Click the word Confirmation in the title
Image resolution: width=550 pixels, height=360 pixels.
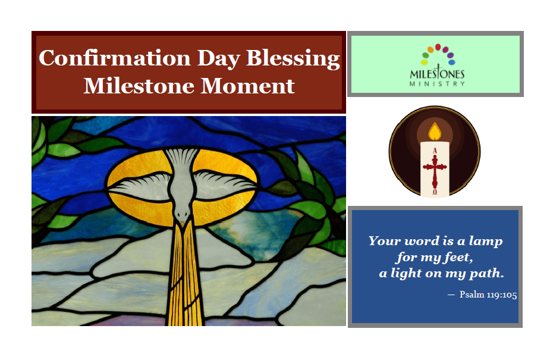[x=114, y=58]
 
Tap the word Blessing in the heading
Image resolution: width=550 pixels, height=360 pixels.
[x=293, y=58]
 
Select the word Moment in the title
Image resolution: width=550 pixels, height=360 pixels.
[x=247, y=86]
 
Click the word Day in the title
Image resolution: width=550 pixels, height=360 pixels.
[x=219, y=58]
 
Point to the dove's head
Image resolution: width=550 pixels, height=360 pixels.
[x=182, y=214]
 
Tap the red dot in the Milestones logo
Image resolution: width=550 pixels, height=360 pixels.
[x=438, y=47]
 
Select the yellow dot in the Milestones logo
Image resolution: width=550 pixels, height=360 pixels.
[x=425, y=62]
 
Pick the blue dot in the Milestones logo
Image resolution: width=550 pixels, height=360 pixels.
[x=452, y=62]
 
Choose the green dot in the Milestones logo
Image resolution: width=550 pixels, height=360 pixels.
[x=426, y=55]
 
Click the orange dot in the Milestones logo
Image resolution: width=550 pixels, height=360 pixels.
[x=430, y=49]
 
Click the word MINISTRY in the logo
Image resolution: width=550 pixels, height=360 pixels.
[x=437, y=84]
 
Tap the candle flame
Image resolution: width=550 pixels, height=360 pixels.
[x=435, y=132]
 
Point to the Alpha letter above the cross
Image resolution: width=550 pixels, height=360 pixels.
[x=435, y=151]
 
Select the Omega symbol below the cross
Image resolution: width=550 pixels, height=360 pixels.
[x=435, y=192]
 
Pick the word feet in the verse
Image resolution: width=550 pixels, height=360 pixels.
[x=458, y=257]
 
